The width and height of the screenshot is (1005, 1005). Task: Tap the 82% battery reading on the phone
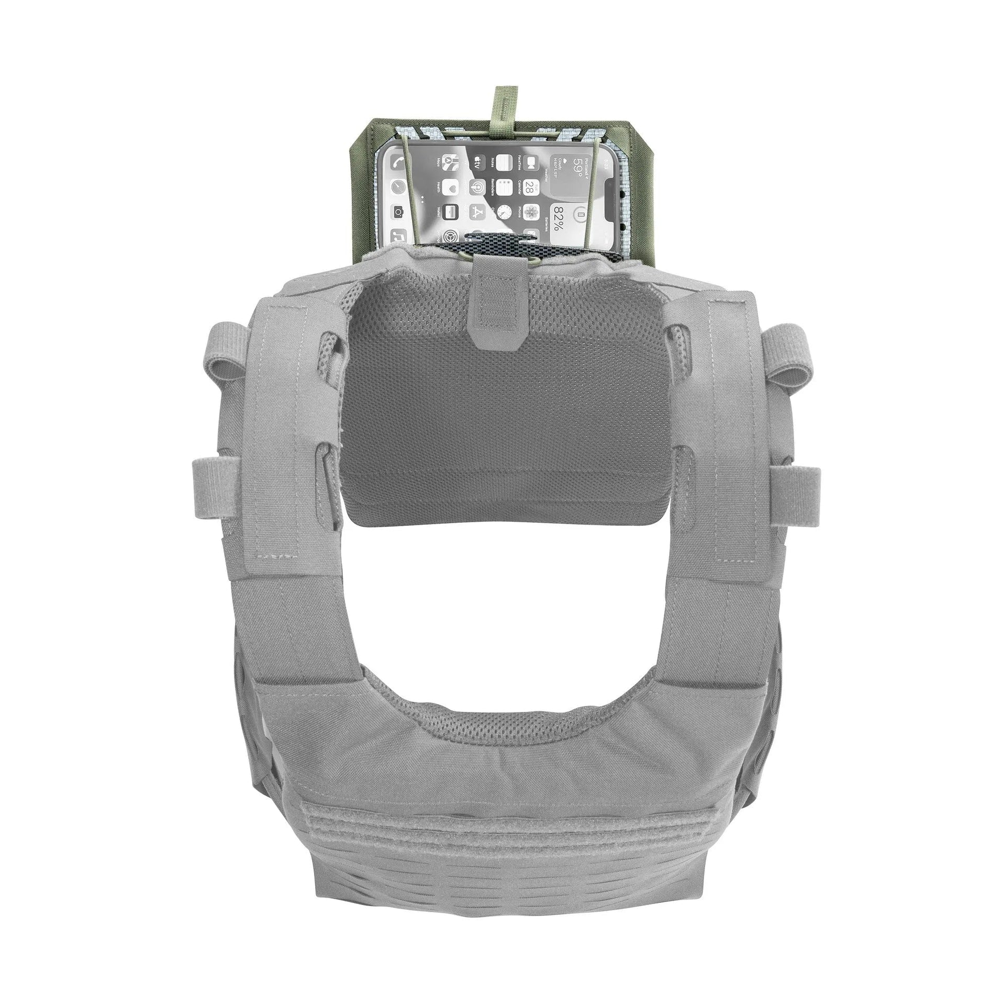[559, 218]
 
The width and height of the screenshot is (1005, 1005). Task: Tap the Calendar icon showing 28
[531, 187]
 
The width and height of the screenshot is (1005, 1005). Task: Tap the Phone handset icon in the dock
[398, 162]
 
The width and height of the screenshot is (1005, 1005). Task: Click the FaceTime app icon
[531, 163]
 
